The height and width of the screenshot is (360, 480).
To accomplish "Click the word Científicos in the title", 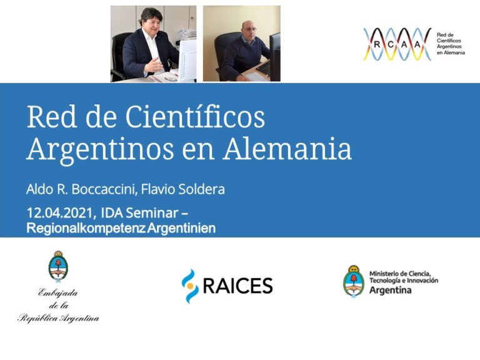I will click(195, 118).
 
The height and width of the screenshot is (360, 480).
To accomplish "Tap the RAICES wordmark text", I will click(237, 286).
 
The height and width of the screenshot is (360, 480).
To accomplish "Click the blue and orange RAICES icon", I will click(190, 286).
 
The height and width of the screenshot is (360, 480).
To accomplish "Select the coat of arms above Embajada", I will click(58, 266).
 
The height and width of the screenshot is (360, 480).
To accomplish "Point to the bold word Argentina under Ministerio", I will click(391, 291).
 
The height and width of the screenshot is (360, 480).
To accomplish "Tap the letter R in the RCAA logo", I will click(377, 44).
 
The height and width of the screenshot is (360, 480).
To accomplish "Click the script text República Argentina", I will click(58, 319).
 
